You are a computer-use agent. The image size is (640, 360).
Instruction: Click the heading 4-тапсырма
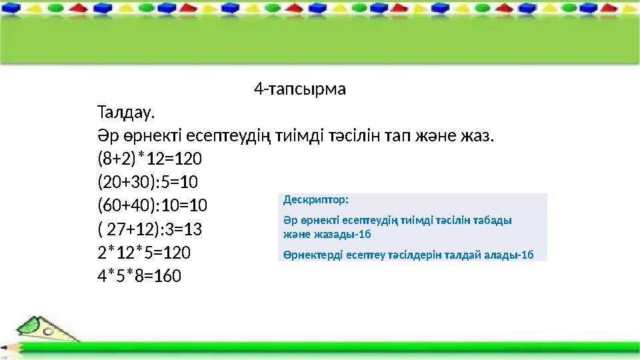coord(300,89)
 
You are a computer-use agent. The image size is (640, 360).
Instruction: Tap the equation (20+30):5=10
coord(147,182)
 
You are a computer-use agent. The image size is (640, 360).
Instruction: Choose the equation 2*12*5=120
coord(143,252)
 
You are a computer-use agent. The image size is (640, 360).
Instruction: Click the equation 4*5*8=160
coord(139,275)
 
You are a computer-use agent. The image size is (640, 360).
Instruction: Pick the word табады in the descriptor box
coord(495,220)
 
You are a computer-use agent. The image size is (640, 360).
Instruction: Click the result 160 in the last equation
coord(167,275)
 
